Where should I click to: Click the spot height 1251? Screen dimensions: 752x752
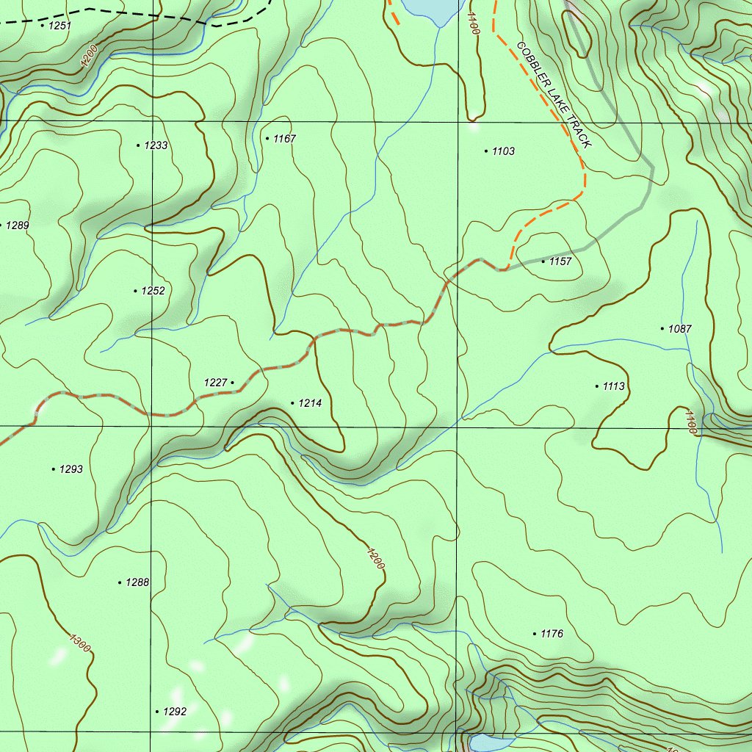click(x=59, y=26)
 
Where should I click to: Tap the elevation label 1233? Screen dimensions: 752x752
click(x=156, y=145)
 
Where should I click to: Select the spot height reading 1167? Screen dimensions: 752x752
click(x=284, y=138)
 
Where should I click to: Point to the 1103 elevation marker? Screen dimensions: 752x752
click(x=503, y=151)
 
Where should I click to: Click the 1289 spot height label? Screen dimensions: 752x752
click(x=17, y=225)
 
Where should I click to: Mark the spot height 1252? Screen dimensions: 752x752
click(x=153, y=291)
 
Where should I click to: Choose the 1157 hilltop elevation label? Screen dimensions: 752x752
click(x=560, y=261)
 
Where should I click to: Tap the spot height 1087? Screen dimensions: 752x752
click(x=680, y=329)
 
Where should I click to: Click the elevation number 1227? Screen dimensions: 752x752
click(x=216, y=383)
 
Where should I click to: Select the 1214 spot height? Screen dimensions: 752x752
click(x=310, y=403)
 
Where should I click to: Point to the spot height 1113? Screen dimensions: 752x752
click(x=613, y=386)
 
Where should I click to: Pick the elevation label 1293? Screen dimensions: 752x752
click(x=71, y=469)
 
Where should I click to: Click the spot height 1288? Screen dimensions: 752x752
click(x=137, y=582)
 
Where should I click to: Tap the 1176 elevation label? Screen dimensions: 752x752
click(x=552, y=634)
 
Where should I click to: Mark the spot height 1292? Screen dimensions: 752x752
click(x=175, y=712)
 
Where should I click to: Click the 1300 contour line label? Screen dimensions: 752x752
click(x=79, y=643)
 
